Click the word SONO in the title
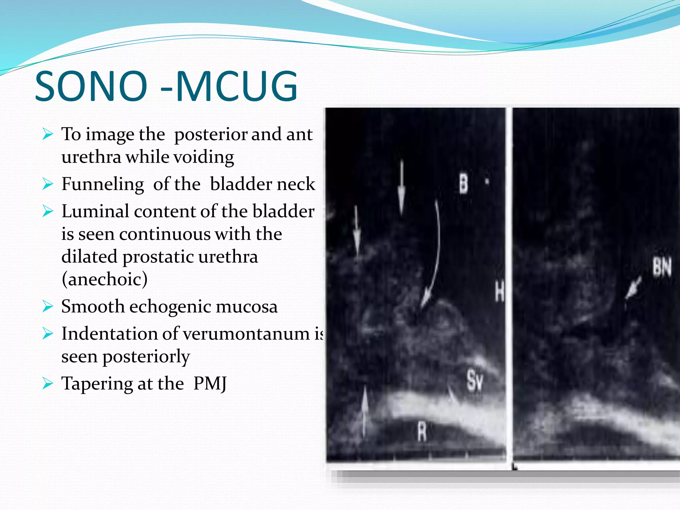[x=91, y=86]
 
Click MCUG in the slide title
[x=236, y=86]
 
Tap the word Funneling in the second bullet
[x=103, y=184]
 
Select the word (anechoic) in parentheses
[x=105, y=279]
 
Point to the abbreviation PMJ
[x=210, y=384]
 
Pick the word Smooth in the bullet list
[x=93, y=306]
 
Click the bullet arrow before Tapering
[x=47, y=384]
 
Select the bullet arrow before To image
[x=47, y=134]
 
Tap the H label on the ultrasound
[x=499, y=291]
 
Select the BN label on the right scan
[x=662, y=267]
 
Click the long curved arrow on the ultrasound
[x=435, y=252]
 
